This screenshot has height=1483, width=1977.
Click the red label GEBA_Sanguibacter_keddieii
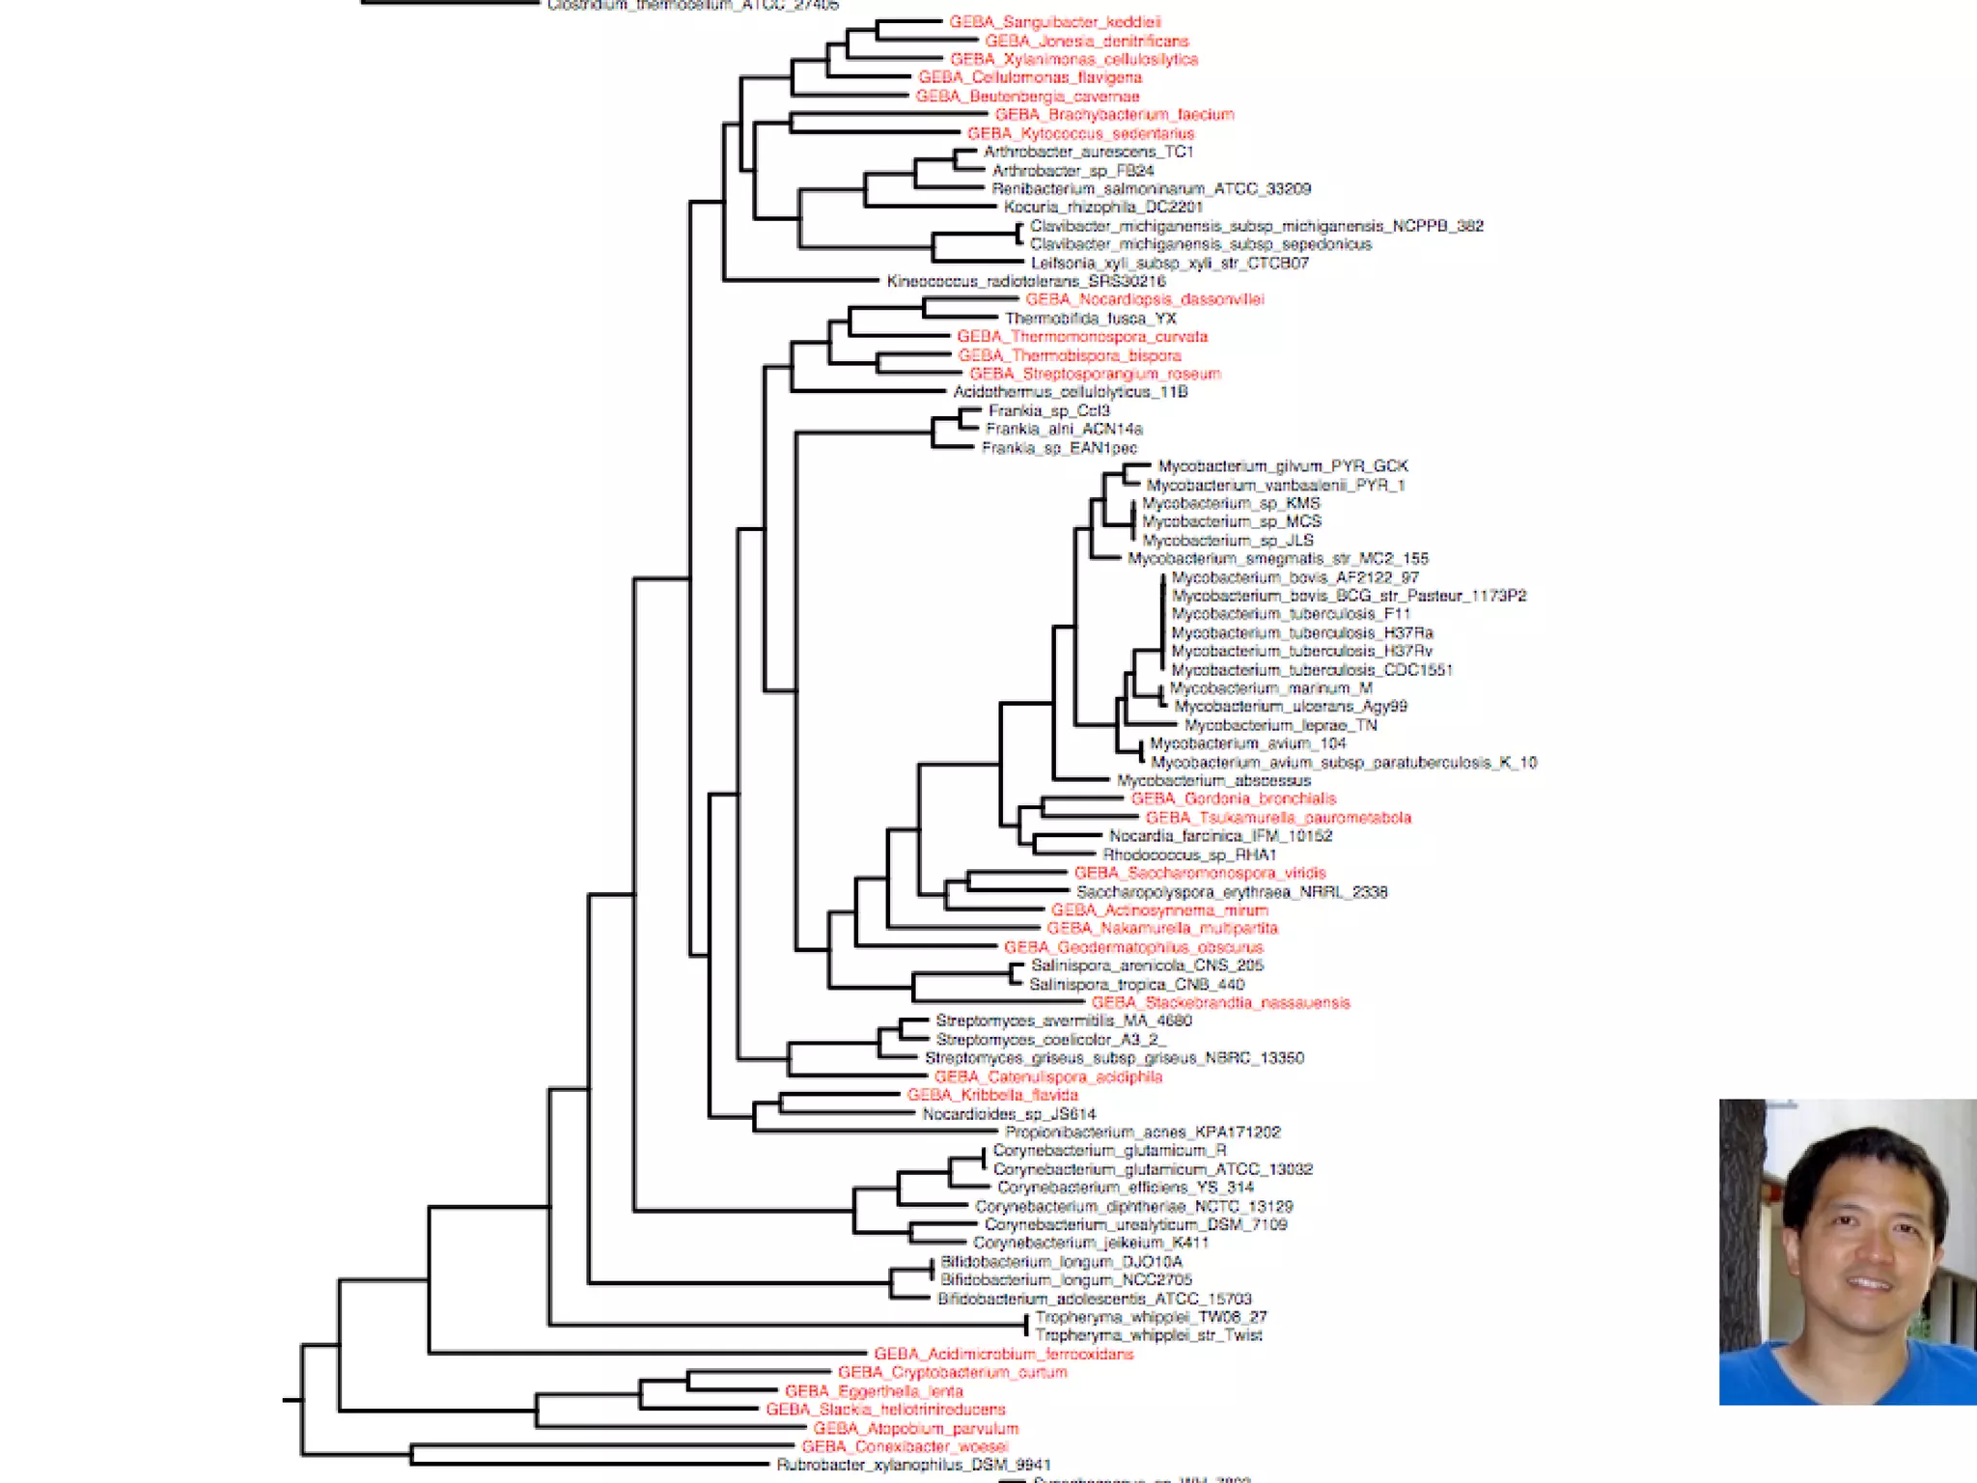[1054, 22]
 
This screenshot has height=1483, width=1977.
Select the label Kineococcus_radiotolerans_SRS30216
[1026, 281]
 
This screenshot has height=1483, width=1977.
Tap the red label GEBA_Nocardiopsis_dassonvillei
[1144, 299]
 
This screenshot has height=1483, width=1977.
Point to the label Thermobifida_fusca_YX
[1090, 319]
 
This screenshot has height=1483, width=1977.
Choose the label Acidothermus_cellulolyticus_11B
[1070, 392]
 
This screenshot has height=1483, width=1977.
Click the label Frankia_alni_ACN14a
[1064, 429]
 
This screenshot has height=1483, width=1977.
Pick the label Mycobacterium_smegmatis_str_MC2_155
[1277, 558]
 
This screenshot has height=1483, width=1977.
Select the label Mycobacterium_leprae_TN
[1280, 725]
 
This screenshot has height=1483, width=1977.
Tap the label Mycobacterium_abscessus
[1213, 780]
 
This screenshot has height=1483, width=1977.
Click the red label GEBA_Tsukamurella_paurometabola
[1277, 818]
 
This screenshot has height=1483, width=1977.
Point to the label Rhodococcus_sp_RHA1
[1189, 854]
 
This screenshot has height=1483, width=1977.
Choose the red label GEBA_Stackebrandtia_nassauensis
[1220, 1003]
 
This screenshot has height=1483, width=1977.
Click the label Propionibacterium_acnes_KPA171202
[1142, 1132]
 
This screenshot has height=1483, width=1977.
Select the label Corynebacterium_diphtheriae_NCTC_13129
[1133, 1206]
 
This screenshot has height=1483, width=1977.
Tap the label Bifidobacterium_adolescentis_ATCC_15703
[1094, 1299]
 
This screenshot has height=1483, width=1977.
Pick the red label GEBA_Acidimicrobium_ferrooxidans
[1003, 1354]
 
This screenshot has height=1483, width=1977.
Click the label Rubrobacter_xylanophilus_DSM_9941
[913, 1465]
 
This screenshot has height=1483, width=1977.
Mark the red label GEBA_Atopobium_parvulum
[915, 1428]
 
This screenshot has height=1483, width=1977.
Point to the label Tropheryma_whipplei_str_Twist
[1148, 1335]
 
